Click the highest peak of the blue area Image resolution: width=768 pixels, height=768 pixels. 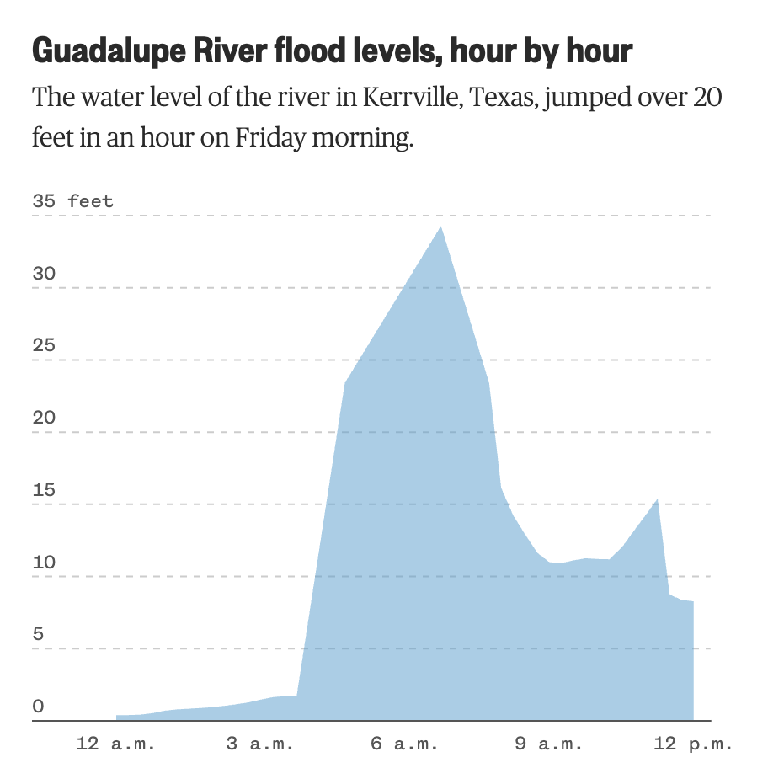[x=440, y=228]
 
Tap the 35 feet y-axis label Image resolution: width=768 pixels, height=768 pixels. [x=72, y=202]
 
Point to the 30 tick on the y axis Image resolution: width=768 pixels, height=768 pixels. [x=44, y=274]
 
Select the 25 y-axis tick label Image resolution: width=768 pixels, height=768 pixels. [x=44, y=346]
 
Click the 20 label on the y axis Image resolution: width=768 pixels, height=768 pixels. [x=44, y=419]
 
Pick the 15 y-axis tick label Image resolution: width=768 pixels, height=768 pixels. [x=44, y=491]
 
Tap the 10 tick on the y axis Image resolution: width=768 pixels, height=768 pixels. [x=44, y=563]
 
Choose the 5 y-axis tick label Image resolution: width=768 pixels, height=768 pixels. [x=39, y=635]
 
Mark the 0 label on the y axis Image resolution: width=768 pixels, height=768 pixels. [x=39, y=707]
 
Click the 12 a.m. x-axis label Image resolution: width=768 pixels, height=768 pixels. [x=110, y=744]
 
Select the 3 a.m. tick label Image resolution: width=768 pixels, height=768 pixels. [x=260, y=744]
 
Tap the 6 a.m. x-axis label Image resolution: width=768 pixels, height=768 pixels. [x=404, y=744]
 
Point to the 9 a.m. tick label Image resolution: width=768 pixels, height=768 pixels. [x=548, y=744]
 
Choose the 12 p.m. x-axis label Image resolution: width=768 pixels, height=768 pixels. [x=693, y=744]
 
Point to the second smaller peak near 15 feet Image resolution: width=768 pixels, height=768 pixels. [x=657, y=500]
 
